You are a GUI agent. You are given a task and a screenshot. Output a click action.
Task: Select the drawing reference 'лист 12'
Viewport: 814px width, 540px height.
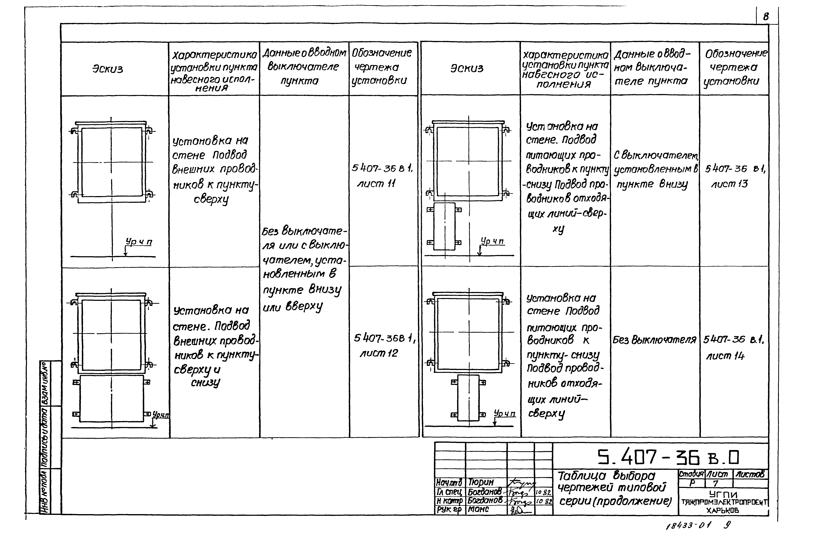(x=379, y=353)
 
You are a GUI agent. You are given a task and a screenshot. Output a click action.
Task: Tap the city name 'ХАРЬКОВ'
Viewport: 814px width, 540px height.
(x=723, y=511)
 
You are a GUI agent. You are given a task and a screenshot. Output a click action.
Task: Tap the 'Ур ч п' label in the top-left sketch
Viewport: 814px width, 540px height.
(x=139, y=242)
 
